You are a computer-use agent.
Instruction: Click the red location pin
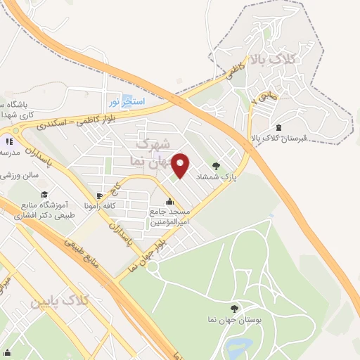(181, 165)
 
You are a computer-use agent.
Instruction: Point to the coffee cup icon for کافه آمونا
(100, 195)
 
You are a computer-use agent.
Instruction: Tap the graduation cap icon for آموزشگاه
(44, 195)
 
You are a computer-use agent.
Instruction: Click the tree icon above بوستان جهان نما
(234, 308)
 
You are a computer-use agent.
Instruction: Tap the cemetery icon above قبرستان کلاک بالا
(279, 127)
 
